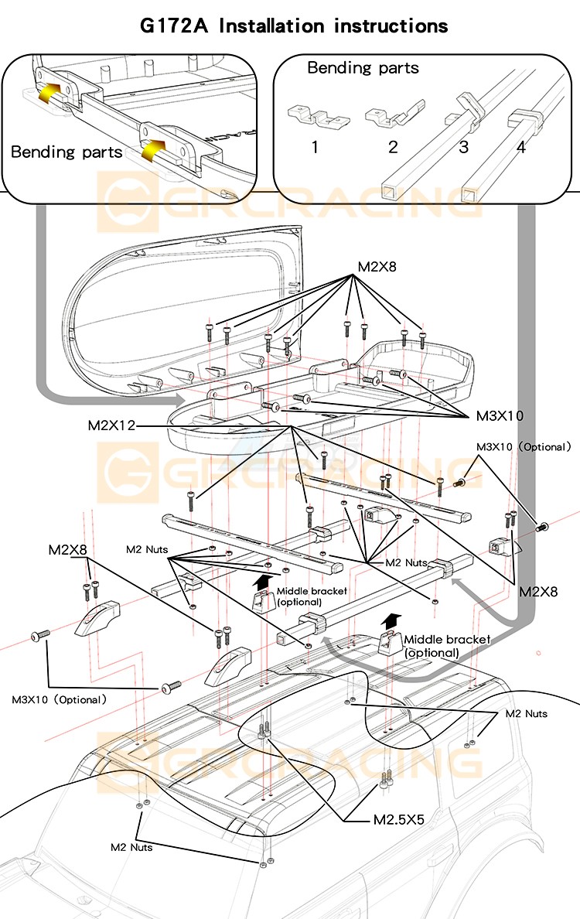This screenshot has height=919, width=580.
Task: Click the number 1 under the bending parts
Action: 315,145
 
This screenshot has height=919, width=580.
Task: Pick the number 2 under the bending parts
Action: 393,145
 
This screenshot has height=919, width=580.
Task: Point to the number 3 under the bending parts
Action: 463,145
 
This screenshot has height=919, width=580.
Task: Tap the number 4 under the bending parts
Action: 520,145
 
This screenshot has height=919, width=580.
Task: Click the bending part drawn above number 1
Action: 318,115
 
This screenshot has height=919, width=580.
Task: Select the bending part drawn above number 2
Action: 393,115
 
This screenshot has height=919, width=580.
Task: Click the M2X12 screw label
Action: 111,425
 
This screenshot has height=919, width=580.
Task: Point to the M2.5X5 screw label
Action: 399,819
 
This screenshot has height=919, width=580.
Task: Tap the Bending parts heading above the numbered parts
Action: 363,68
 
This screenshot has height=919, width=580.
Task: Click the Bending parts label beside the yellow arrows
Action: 67,151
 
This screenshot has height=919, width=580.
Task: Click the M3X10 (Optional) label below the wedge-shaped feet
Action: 59,699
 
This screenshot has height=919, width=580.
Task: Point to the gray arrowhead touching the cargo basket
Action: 179,401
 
